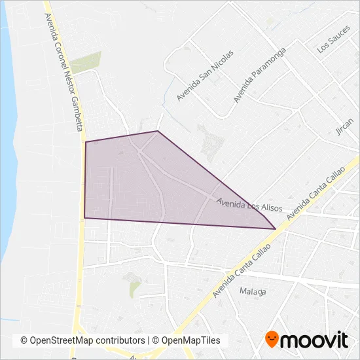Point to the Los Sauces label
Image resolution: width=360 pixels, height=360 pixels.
coord(334,45)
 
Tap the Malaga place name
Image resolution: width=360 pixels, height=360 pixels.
coord(253,291)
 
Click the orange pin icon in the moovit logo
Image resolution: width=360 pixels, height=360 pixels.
coord(273,340)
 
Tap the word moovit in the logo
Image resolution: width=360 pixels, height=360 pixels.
coord(315,340)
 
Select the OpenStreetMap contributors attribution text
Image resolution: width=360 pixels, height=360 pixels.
coord(82,340)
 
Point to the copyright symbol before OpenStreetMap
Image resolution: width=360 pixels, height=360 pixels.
coord(23,340)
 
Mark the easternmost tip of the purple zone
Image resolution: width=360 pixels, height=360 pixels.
coord(275,229)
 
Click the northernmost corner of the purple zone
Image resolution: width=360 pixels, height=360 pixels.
coord(158,131)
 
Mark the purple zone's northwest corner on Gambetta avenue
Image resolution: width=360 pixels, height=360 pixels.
coord(86,141)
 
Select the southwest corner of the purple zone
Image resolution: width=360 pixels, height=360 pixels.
coord(84,218)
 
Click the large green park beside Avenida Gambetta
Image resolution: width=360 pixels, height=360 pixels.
coord(86,62)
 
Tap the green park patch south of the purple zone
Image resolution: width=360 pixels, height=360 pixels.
coord(135,285)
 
